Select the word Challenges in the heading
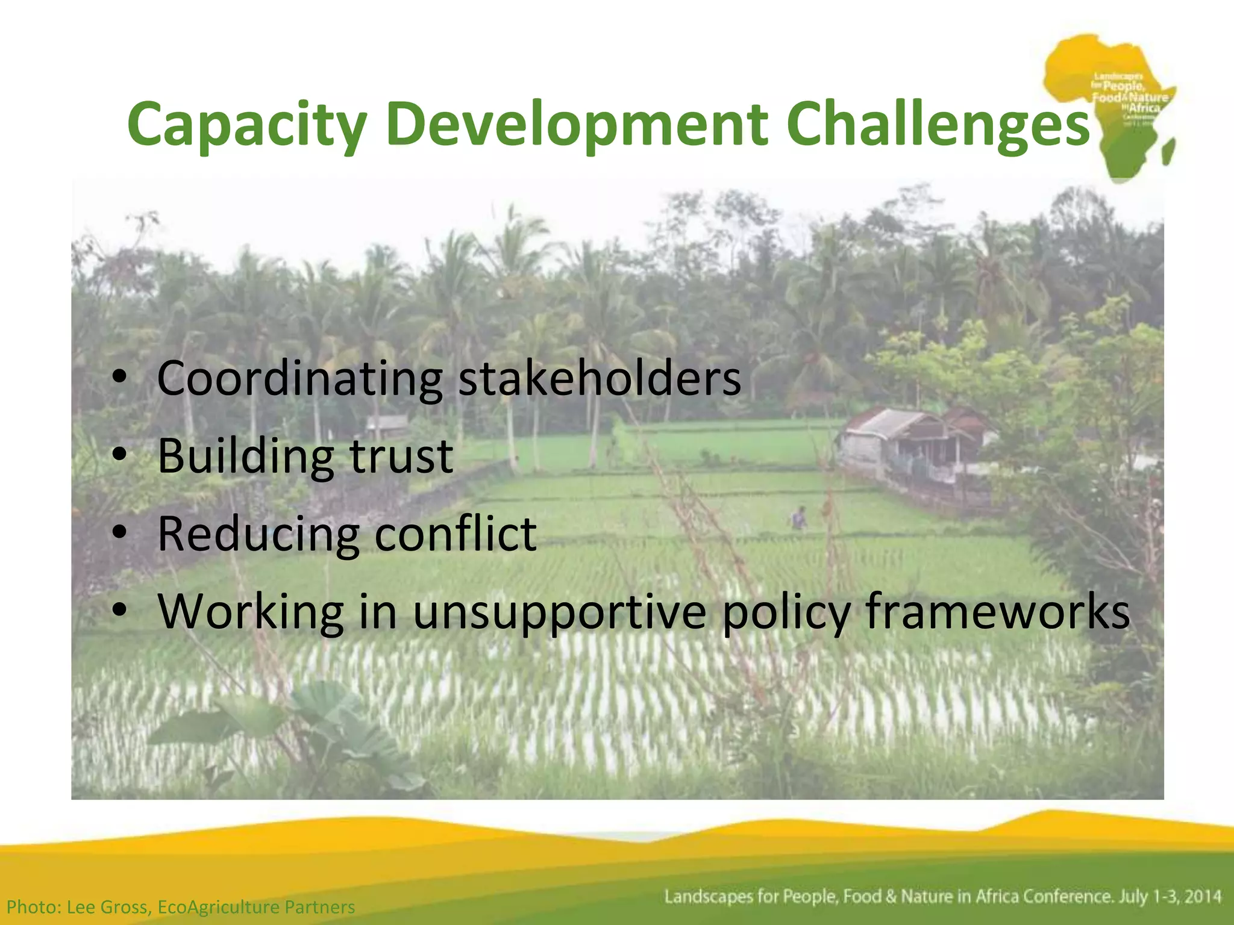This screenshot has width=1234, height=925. [x=938, y=125]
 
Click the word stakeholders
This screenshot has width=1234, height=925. [x=600, y=379]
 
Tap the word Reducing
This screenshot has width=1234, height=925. [x=257, y=534]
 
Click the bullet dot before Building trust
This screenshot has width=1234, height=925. [x=120, y=454]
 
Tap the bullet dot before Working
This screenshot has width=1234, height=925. [x=120, y=610]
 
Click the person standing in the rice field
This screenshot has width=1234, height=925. [x=799, y=518]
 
